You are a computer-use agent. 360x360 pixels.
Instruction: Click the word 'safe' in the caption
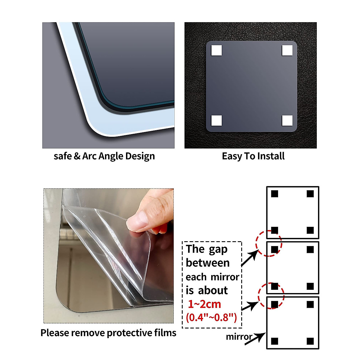63,156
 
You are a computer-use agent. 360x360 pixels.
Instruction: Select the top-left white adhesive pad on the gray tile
216,50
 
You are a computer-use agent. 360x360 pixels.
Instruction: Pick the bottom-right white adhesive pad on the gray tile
287,121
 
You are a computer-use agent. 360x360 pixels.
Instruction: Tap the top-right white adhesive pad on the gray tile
287,50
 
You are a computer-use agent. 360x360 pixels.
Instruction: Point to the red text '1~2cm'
204,304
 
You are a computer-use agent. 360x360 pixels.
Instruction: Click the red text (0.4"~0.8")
211,317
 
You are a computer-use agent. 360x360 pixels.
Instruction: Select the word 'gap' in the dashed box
218,250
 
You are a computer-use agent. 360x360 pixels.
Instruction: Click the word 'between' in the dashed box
208,263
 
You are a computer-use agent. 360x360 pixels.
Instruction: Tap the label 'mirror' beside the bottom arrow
238,337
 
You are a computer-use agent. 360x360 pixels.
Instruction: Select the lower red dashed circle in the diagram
271,295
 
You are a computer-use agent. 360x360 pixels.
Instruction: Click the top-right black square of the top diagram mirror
310,194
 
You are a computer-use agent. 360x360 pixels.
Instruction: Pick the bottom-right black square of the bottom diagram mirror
310,341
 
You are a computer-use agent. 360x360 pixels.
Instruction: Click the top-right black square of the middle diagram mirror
310,250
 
